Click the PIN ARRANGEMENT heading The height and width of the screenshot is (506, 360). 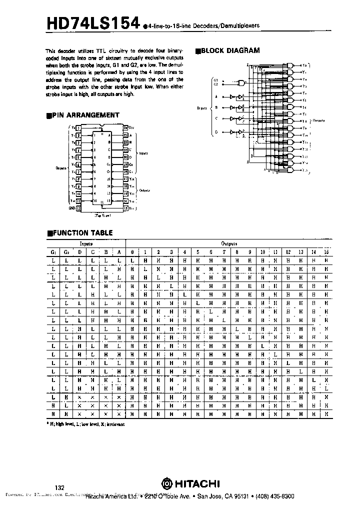tap(85, 115)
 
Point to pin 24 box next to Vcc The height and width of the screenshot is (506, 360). tap(126, 128)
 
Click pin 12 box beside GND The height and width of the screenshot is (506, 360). tap(78, 206)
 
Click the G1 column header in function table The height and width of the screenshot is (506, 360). tap(53, 251)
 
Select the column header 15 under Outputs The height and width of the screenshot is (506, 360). tap(326, 251)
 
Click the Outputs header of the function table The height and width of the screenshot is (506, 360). tap(229, 243)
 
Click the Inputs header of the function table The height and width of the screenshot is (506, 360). tap(86, 243)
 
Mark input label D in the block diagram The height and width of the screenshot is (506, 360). tap(216, 132)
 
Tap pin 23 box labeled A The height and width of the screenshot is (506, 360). tap(126, 135)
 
